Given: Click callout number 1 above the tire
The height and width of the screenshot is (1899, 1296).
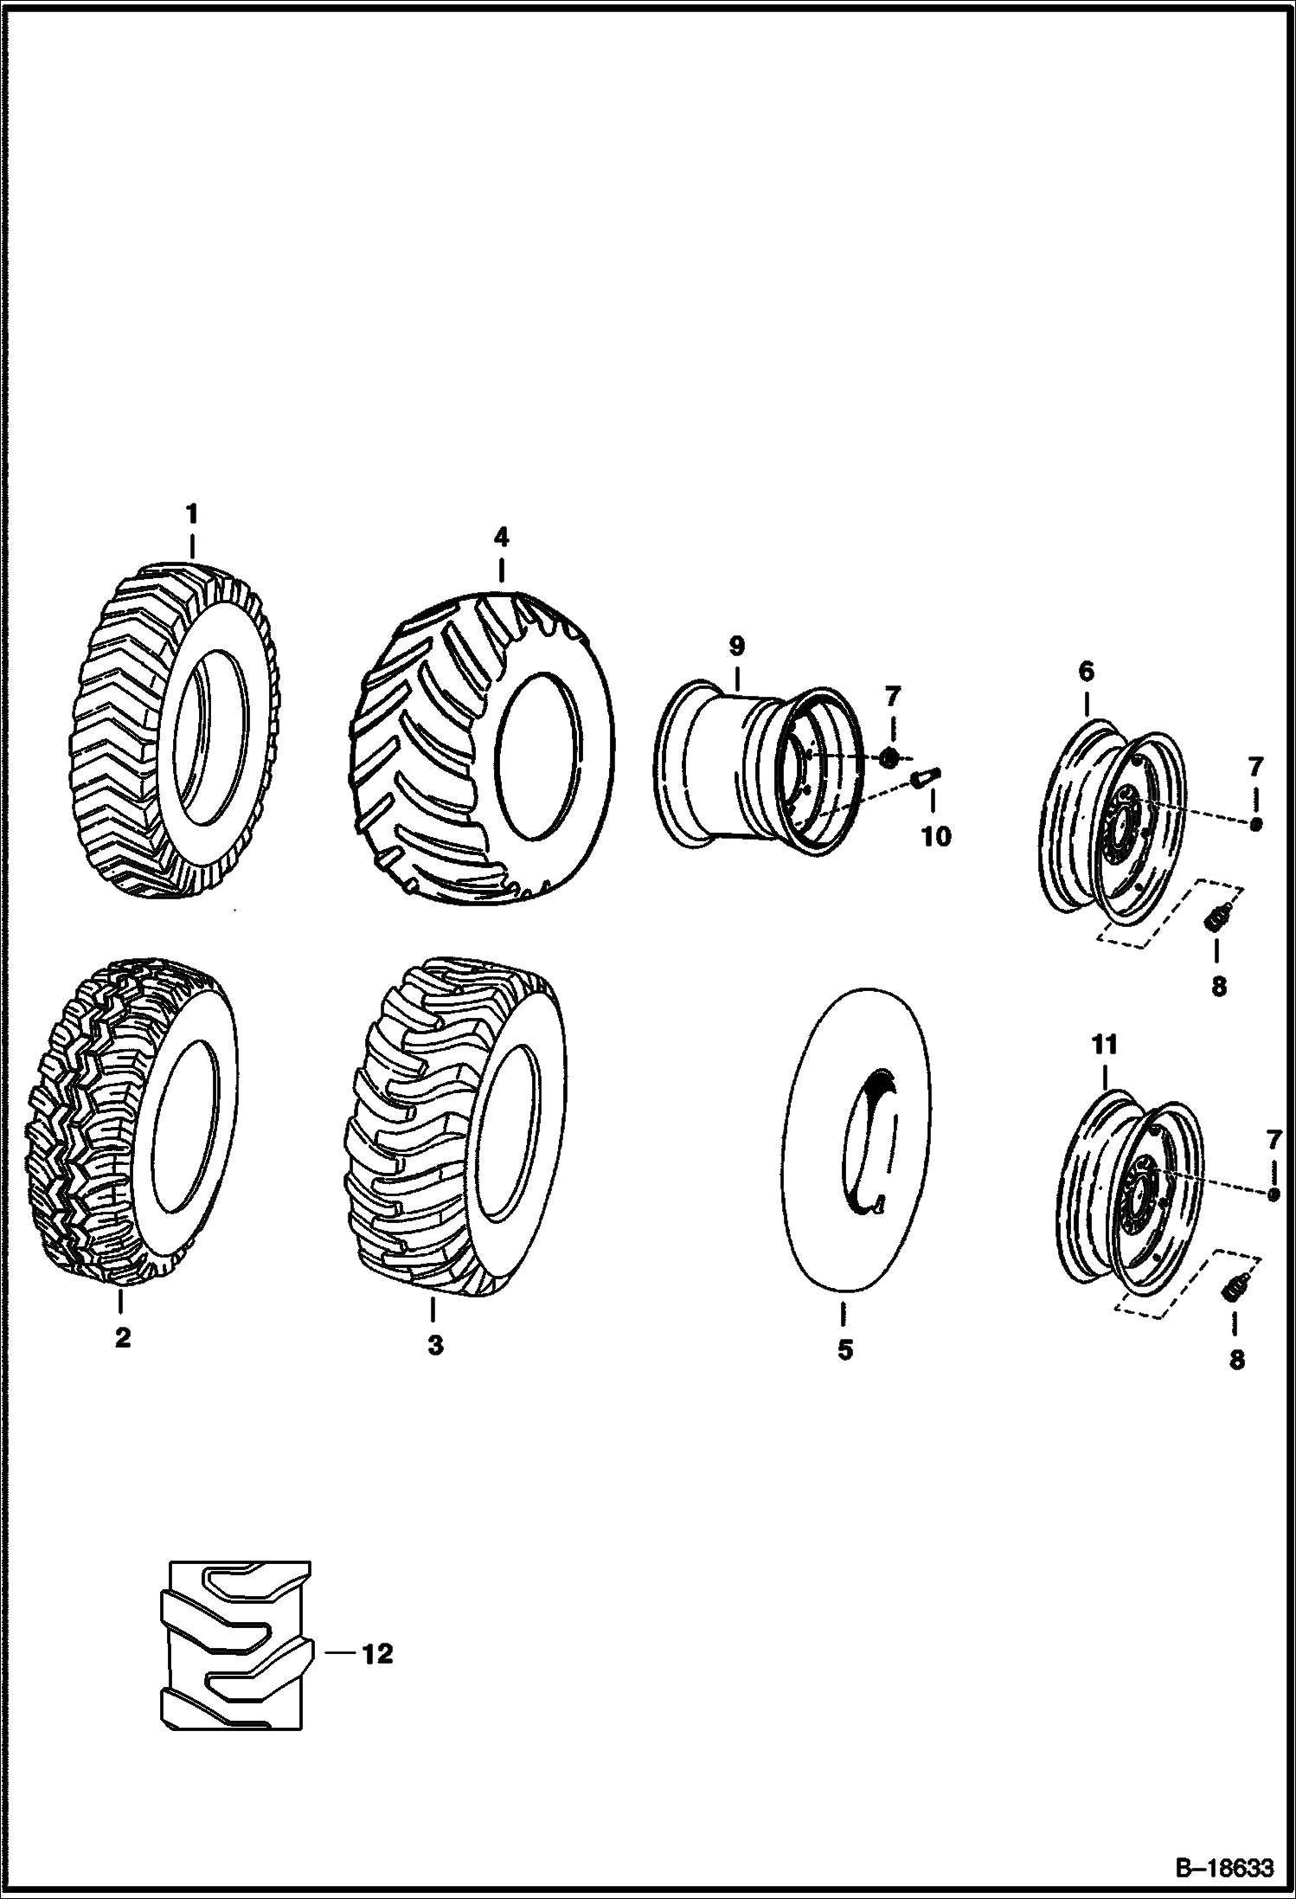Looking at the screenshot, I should point(192,514).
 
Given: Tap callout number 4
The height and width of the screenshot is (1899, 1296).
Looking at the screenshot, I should point(501,538).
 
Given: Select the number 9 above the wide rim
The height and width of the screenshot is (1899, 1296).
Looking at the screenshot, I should point(736,646).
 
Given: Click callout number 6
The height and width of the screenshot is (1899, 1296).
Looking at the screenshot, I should point(1086,671).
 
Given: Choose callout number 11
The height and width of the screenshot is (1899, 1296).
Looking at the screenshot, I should point(1106,1045).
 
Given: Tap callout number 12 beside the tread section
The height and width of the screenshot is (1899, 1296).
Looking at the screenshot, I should point(377,1654).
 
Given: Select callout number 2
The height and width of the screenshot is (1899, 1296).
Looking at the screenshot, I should point(122,1337).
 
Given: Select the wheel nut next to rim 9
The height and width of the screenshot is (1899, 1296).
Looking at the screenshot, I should point(889,758).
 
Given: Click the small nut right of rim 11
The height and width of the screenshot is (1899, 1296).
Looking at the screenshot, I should point(1273,1194).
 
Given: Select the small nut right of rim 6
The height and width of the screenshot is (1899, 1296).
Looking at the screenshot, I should point(1255,824).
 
